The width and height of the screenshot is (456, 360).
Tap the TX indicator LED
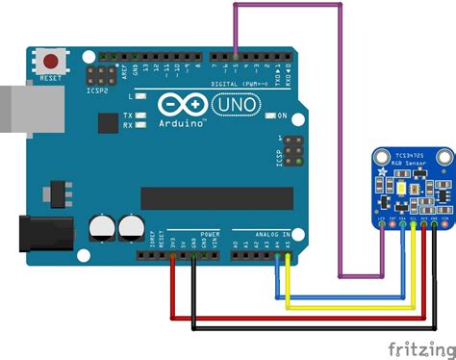coord(140,116)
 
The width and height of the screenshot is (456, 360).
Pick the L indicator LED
coord(140,97)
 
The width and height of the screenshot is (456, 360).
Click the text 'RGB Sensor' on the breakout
coord(411,163)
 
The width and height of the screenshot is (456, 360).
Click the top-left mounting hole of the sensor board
coord(378,157)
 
